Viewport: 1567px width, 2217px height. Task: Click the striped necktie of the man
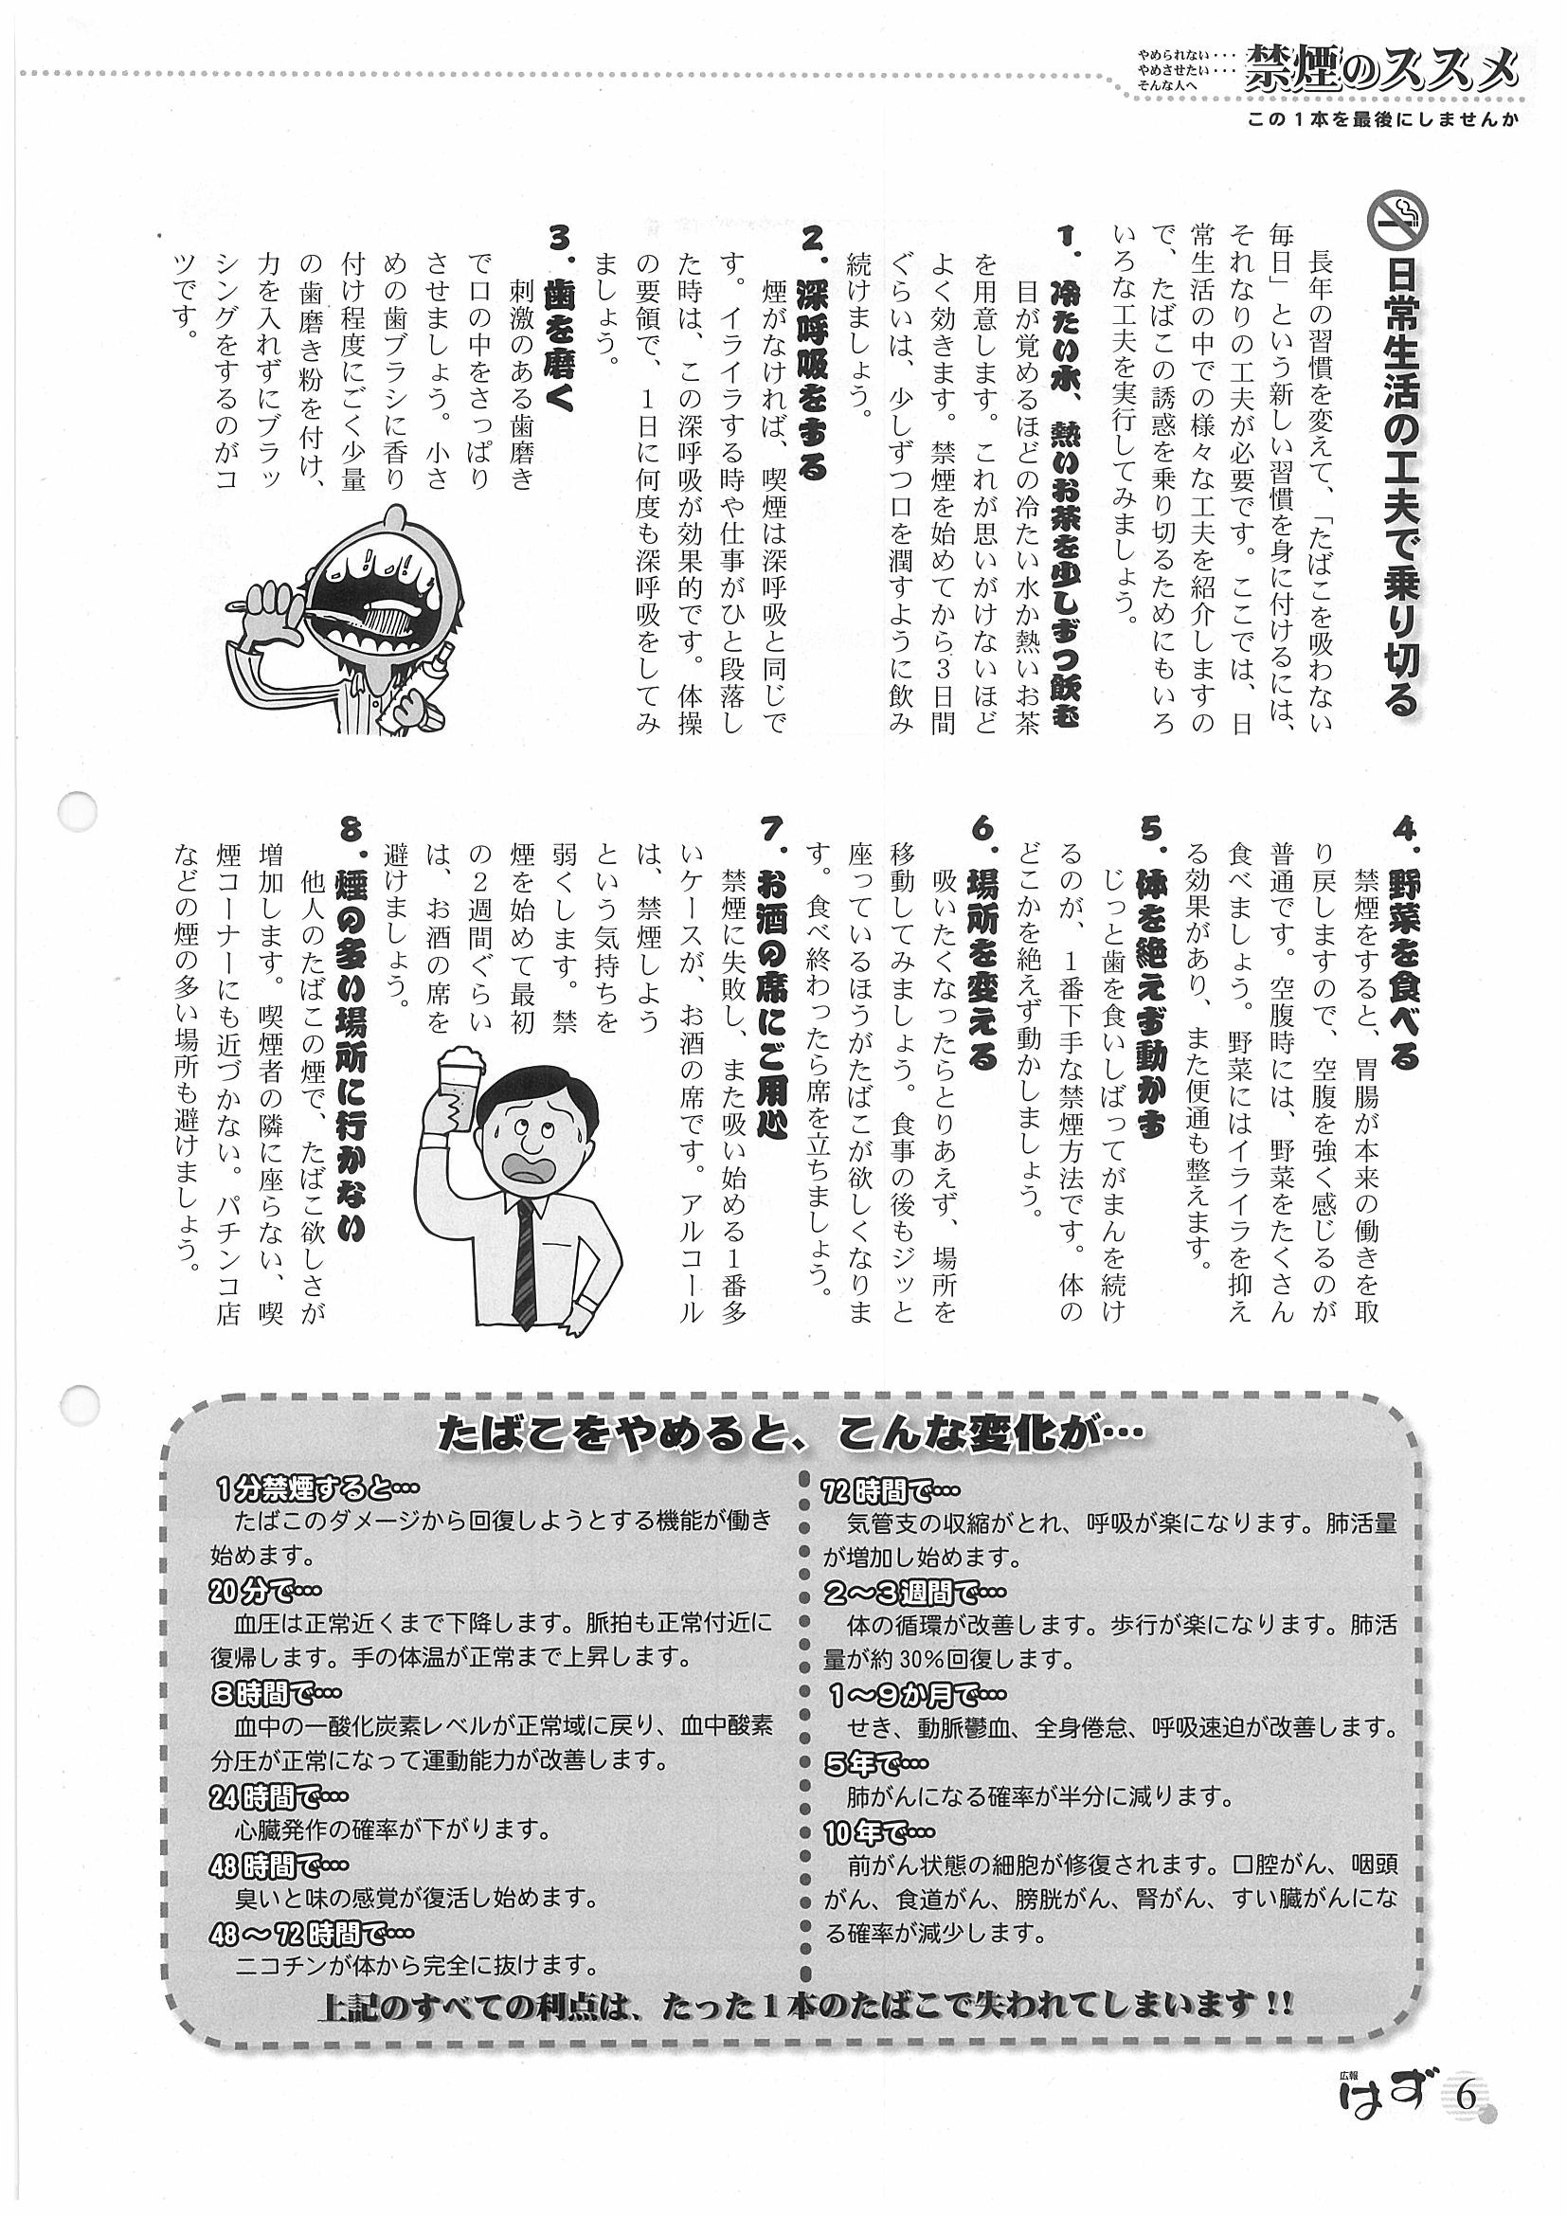tap(523, 1254)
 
